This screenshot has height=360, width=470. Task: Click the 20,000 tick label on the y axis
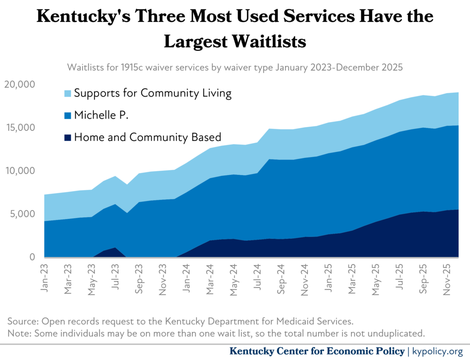(19, 84)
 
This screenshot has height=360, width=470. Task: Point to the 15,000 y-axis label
(20, 128)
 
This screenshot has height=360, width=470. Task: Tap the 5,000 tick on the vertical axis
(22, 214)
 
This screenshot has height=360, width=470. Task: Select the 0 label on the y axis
(32, 257)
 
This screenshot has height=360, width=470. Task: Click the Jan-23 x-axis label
(45, 278)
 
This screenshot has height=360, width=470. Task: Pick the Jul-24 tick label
(257, 277)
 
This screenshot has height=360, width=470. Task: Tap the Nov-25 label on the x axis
(447, 280)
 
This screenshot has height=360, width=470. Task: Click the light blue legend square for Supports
(68, 93)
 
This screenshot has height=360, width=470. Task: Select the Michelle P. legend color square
(68, 116)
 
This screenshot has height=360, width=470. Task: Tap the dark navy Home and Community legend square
(68, 138)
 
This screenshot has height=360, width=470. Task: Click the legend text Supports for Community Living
(153, 93)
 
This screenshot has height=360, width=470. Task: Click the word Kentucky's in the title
(84, 16)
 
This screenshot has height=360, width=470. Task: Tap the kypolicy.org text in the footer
(437, 351)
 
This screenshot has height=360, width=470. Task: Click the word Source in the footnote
(23, 321)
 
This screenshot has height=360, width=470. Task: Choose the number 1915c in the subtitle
(132, 67)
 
